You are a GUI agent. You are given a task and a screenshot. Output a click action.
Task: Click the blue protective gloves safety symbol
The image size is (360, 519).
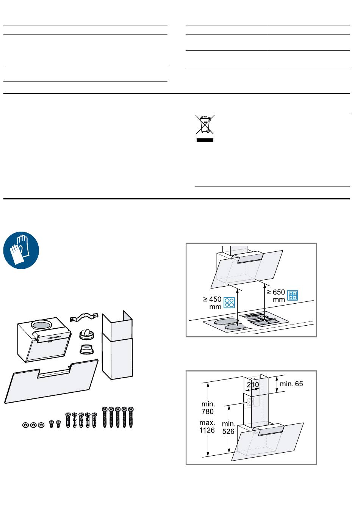pos(21,250)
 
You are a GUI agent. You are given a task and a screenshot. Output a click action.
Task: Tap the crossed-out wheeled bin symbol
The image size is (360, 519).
pos(205,124)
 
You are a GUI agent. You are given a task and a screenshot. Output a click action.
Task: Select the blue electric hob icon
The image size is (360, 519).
pos(229,303)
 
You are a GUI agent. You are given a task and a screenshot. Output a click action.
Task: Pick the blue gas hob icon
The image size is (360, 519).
pos(292,295)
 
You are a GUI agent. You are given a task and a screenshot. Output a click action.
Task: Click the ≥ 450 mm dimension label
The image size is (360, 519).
pos(212,303)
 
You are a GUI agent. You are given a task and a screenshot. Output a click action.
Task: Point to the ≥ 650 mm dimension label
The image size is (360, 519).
pos(276,296)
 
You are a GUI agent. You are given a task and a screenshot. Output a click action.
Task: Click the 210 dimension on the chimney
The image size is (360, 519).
pos(253,385)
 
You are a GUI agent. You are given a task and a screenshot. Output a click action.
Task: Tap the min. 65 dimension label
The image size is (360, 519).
pos(291,384)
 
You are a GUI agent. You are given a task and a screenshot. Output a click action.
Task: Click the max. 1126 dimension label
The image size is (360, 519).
pos(207,426)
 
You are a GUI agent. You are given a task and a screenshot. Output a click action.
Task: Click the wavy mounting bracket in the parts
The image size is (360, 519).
pos(84,317)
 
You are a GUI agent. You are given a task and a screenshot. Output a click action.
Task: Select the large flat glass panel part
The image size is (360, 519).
pos(52,382)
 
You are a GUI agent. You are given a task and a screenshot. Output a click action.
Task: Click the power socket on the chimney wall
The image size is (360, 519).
pos(250,402)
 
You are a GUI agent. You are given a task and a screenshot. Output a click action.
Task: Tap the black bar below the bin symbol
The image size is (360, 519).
pos(205,140)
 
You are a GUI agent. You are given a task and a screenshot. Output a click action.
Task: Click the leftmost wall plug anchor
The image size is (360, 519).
pos(68,420)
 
